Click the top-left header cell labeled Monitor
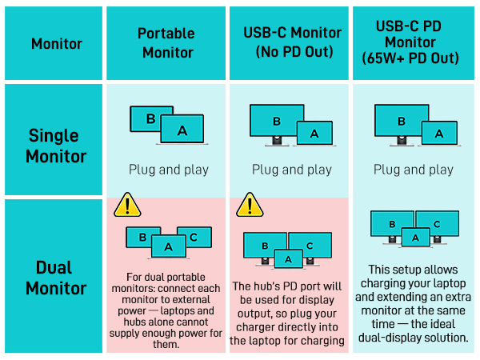pos(57,43)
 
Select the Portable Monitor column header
pos(166,43)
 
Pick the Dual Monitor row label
pos(55,277)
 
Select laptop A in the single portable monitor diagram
pos(182,130)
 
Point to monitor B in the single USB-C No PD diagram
pos(277,122)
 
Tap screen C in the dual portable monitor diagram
pos(194,237)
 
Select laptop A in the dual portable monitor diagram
pos(168,247)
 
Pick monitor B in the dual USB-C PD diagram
pos(392,224)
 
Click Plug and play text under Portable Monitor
pos(168,170)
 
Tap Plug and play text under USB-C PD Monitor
pos(414,170)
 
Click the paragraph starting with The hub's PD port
pos(290,313)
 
